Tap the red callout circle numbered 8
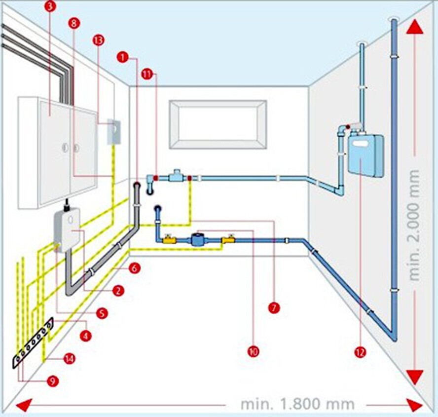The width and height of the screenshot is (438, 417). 73,23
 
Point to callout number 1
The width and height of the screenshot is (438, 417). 123,57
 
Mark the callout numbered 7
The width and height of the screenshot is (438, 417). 274,307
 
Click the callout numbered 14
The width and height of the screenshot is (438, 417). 70,359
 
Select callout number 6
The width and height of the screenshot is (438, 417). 134,268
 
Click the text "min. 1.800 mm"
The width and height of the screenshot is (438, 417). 297,404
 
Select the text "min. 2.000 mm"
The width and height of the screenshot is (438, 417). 414,225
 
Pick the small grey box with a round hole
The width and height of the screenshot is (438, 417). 113,131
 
